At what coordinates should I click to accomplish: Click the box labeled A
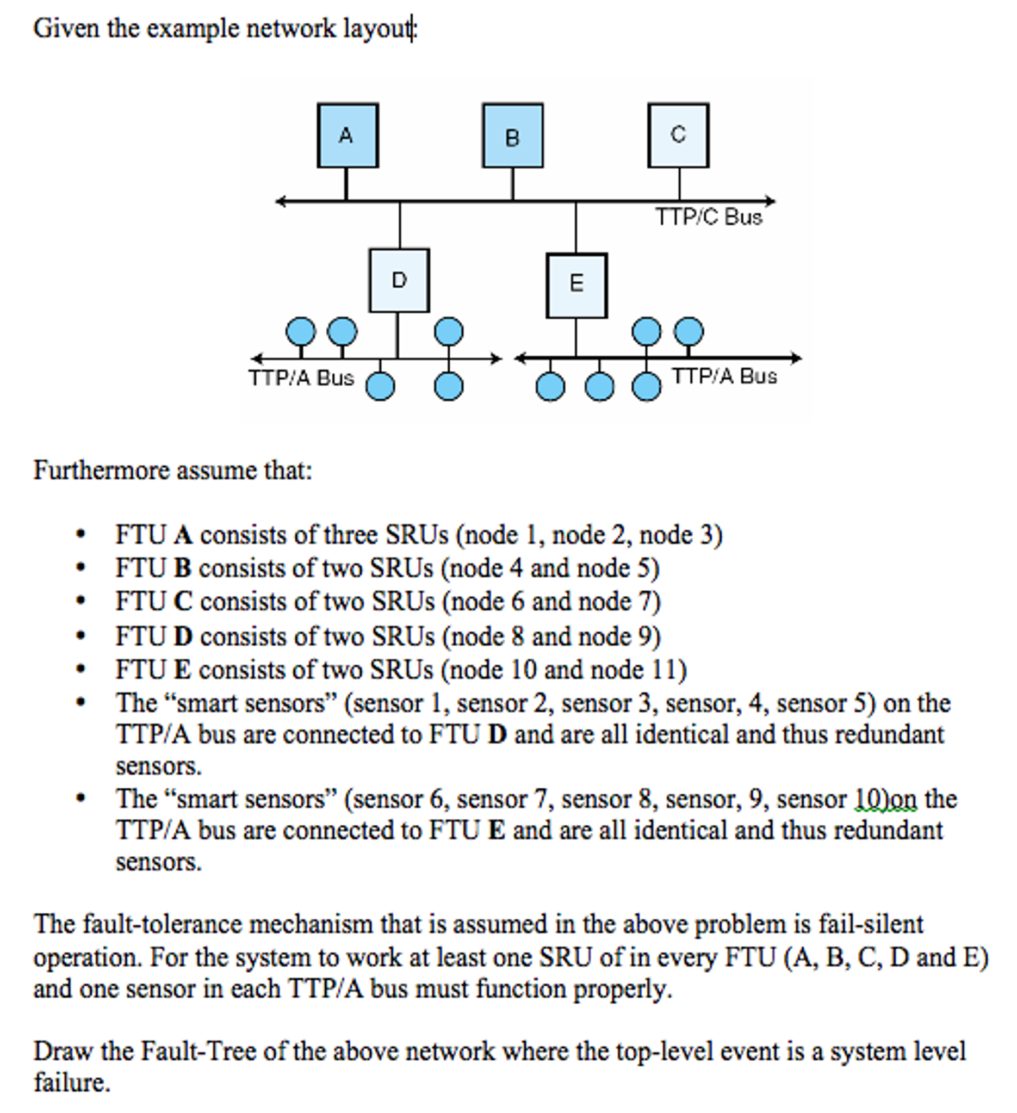[348, 135]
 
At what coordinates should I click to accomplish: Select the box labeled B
[513, 135]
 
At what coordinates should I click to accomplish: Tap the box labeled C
[678, 135]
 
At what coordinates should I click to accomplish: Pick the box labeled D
[399, 281]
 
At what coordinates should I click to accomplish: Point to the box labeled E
[576, 286]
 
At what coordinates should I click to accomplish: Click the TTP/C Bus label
[709, 217]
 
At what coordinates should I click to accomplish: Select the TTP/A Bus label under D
[301, 378]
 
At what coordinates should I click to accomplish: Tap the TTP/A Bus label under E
[724, 376]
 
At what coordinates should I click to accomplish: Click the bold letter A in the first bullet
[183, 535]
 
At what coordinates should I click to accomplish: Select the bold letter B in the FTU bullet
[183, 568]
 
